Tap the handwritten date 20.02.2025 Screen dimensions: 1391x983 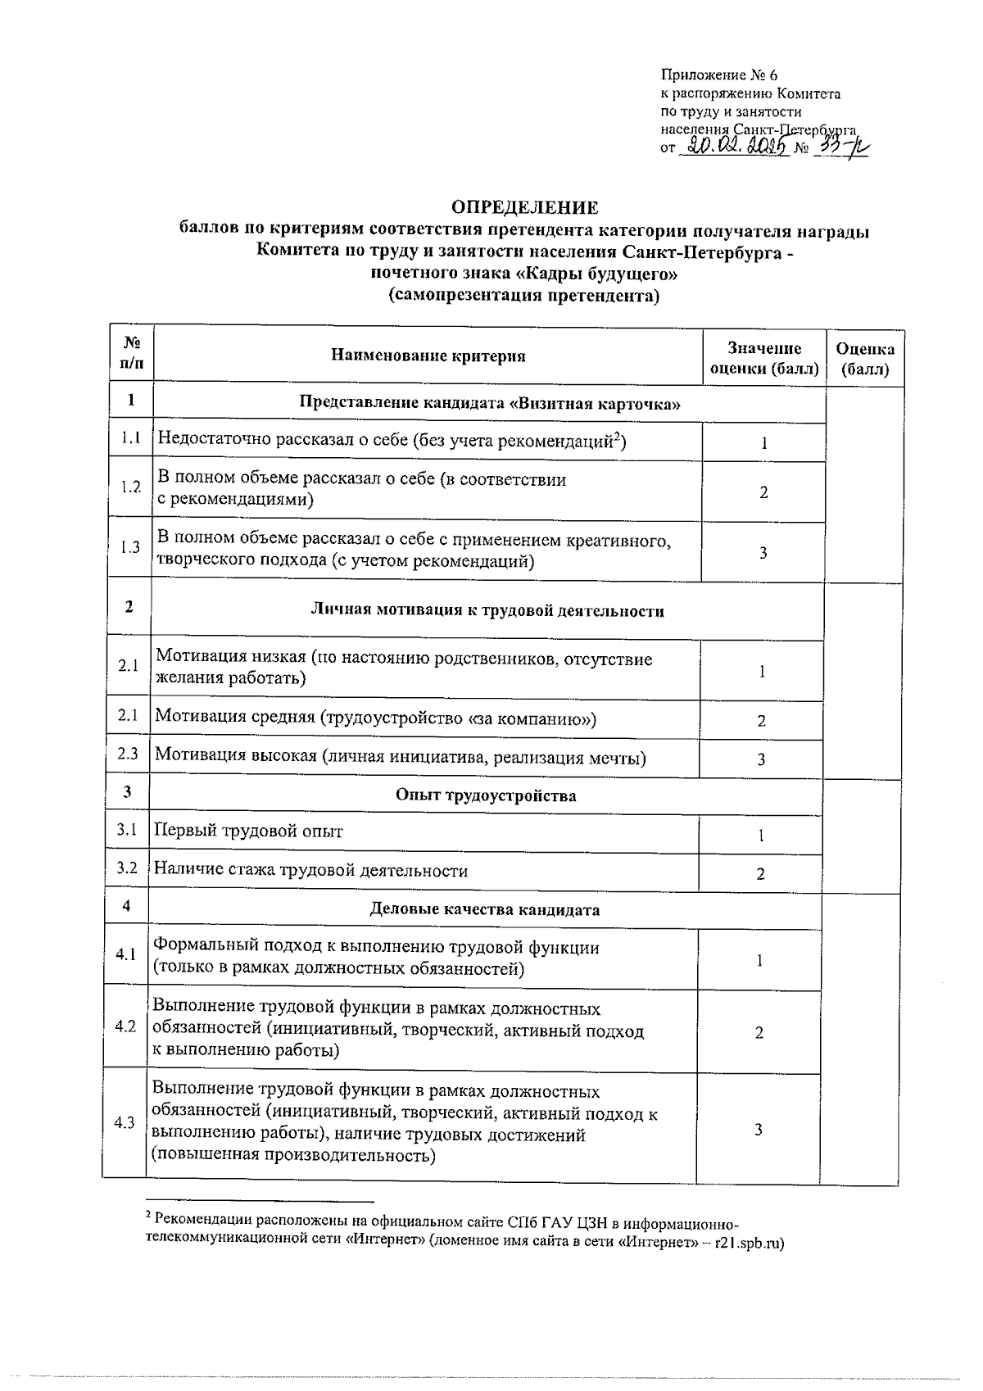736,147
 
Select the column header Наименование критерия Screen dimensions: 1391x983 428,356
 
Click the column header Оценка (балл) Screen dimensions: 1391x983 864,359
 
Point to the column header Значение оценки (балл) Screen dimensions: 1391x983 763,359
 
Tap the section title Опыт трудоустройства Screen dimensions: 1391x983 486,795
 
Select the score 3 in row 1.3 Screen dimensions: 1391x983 763,553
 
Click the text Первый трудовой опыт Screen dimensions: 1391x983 249,831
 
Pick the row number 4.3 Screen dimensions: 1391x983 125,1123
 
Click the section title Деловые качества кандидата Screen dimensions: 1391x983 485,909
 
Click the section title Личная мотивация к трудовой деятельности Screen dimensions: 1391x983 487,611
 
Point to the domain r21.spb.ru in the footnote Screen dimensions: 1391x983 749,1244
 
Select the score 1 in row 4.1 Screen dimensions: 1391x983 759,961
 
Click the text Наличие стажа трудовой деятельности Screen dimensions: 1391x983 311,871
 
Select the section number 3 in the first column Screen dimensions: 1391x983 127,792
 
